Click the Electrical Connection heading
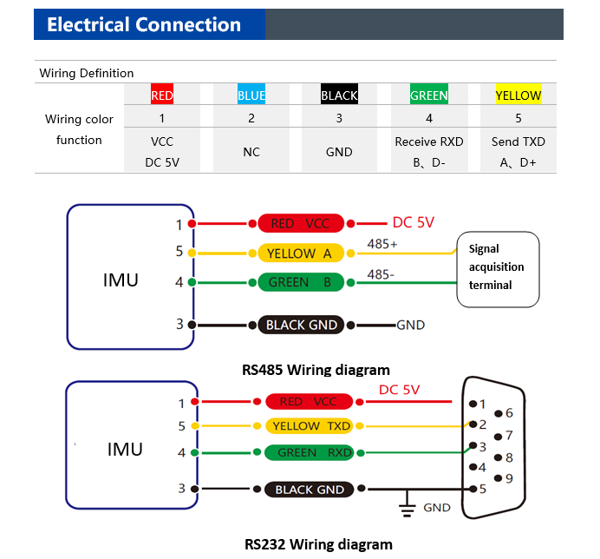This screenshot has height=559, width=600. (144, 24)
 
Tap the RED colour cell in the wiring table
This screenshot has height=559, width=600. (162, 95)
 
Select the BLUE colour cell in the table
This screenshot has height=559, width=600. (251, 95)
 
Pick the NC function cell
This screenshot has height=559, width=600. (251, 152)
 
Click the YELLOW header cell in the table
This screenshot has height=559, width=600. (518, 95)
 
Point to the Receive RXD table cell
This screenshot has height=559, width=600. (429, 141)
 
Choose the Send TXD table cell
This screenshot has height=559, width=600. (518, 141)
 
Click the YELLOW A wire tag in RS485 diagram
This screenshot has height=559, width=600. (301, 253)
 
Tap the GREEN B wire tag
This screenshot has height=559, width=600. (301, 282)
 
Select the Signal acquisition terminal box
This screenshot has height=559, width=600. (498, 269)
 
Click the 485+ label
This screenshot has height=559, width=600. (382, 244)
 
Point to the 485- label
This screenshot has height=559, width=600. (381, 274)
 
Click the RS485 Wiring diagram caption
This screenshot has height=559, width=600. (316, 370)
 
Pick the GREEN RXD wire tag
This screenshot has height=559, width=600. (309, 452)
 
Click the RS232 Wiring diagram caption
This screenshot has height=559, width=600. (318, 544)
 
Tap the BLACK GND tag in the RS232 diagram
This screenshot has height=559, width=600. (309, 490)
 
